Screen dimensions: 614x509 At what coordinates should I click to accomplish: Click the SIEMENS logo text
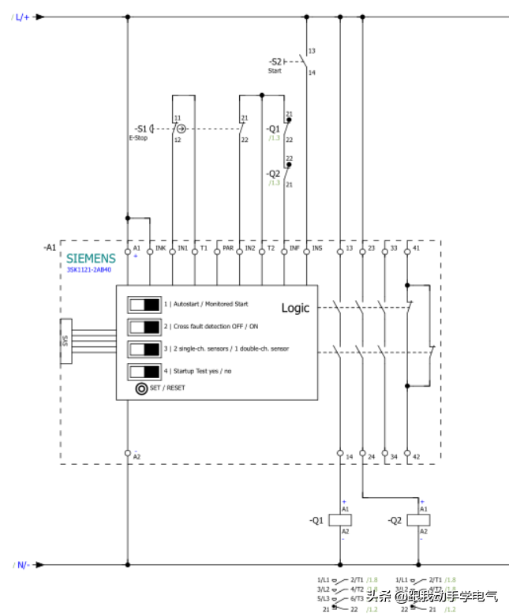(91, 258)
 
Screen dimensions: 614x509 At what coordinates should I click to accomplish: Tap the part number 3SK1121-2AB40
(89, 269)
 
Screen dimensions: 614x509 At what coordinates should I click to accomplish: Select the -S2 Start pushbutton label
(275, 62)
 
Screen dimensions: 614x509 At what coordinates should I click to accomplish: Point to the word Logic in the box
(296, 308)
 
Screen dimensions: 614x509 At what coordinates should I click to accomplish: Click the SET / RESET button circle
(141, 388)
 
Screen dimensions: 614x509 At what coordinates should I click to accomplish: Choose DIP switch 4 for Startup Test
(144, 370)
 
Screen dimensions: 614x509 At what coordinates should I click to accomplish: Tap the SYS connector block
(65, 341)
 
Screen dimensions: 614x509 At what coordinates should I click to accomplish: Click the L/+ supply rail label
(21, 17)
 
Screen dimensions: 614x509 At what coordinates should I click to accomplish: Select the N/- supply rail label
(21, 565)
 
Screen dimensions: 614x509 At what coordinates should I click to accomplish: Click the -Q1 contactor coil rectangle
(340, 520)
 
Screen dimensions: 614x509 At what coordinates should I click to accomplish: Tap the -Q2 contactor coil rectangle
(419, 520)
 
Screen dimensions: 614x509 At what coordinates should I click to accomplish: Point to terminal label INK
(160, 249)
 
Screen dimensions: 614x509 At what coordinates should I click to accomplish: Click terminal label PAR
(228, 249)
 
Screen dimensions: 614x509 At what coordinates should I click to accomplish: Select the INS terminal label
(317, 249)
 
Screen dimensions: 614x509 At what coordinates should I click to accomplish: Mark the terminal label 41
(416, 249)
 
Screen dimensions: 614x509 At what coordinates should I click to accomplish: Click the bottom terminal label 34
(394, 455)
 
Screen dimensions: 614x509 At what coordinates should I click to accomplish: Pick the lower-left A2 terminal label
(137, 457)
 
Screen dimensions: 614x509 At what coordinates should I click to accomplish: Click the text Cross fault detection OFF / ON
(211, 326)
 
